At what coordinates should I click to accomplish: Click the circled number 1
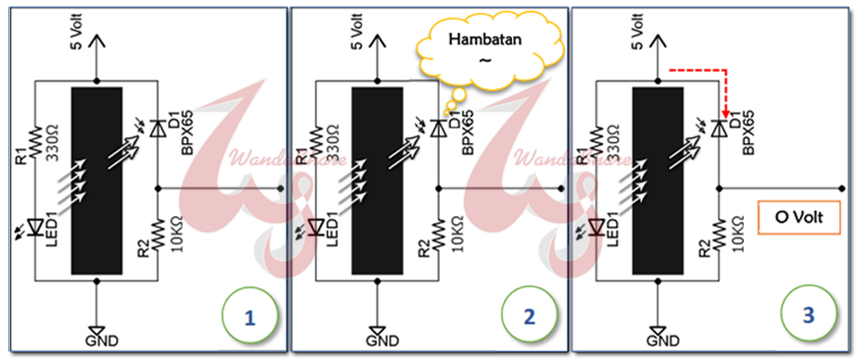[248, 316]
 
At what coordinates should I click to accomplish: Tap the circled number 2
[530, 316]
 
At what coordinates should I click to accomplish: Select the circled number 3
[809, 316]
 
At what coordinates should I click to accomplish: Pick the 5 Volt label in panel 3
[644, 28]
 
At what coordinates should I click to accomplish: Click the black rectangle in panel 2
[378, 180]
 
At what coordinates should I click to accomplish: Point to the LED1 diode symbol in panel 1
[35, 225]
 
